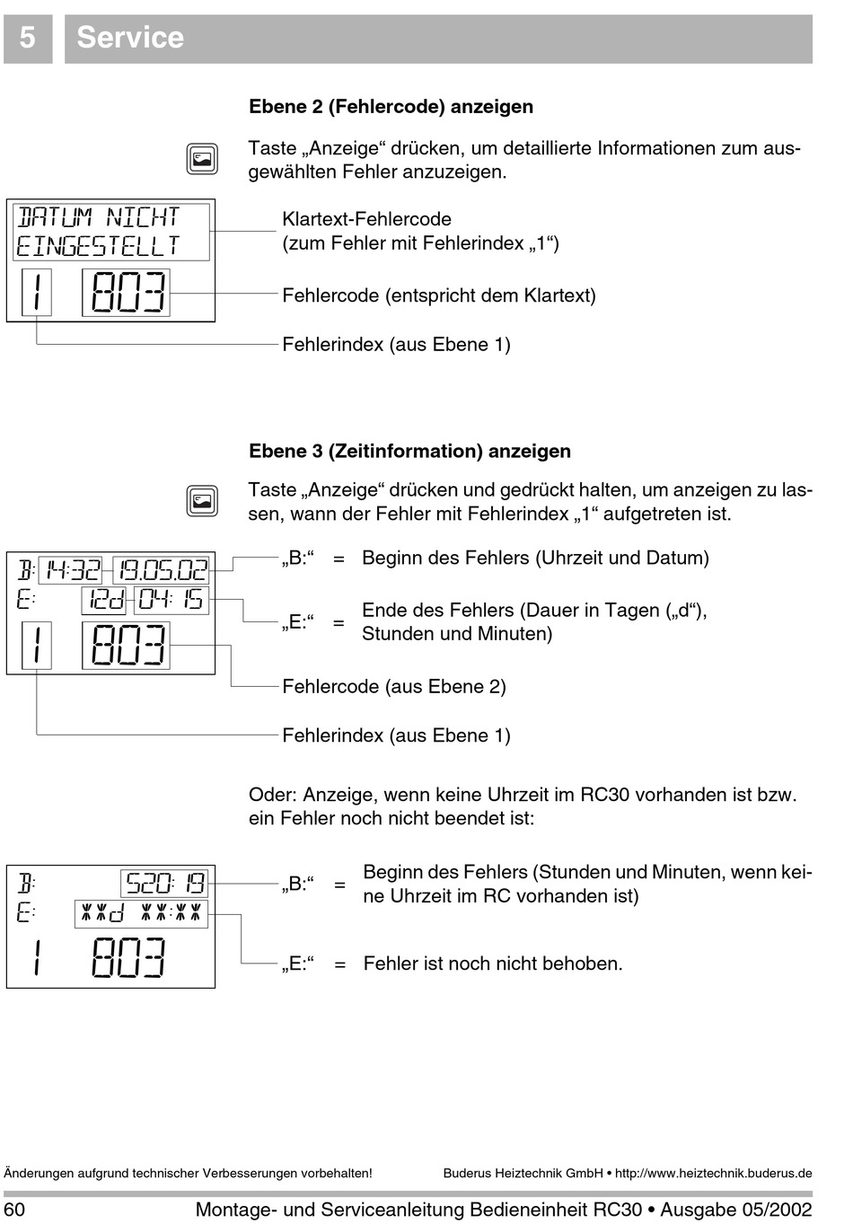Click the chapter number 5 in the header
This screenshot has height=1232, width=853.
coord(28,38)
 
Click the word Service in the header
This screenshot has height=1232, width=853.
coord(130,38)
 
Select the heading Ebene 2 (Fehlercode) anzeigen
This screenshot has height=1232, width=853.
coord(391,106)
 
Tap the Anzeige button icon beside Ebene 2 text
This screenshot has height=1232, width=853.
coord(202,159)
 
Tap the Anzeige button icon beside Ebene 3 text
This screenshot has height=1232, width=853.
coord(202,501)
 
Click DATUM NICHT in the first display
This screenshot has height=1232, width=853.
coord(98,217)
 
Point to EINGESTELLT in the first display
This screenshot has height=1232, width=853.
coord(98,246)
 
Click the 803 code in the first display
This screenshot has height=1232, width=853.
coord(128,293)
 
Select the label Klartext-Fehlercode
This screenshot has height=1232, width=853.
coord(367,219)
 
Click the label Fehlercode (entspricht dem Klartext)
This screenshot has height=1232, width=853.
coord(439,295)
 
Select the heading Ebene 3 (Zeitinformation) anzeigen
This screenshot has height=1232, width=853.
coord(409,451)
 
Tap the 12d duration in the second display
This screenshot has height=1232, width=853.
coord(104,600)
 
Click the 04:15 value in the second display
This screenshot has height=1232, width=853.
coord(171,600)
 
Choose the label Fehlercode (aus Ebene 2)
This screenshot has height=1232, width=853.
coord(394,686)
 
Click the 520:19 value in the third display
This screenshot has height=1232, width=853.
coord(165,884)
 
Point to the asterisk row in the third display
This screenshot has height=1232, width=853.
coord(141,913)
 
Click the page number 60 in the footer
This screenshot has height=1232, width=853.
coord(14,1210)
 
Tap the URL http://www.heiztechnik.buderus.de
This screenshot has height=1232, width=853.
coord(713,1173)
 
